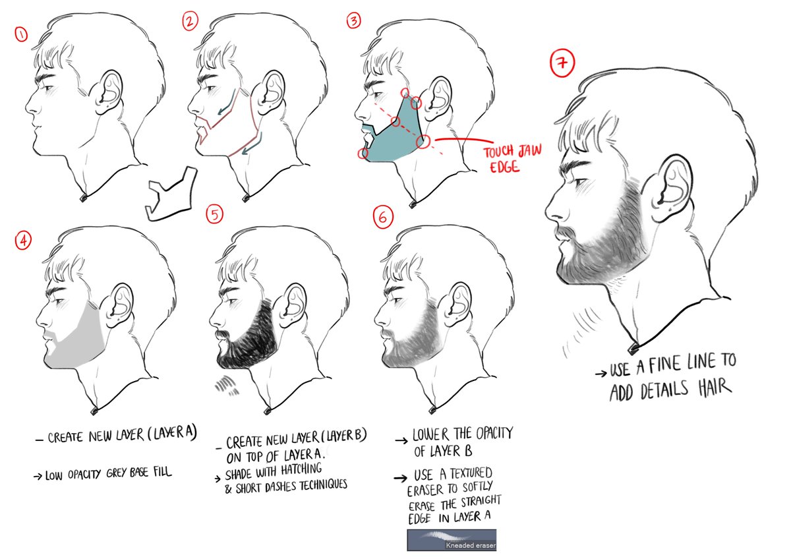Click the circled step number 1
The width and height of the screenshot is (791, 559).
(21, 34)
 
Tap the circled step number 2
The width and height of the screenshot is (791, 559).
(190, 21)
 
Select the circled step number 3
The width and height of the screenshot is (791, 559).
(355, 21)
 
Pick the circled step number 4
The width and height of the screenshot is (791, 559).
(22, 242)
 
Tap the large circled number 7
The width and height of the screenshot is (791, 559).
(562, 65)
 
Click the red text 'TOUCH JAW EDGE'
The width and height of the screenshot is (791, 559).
(512, 158)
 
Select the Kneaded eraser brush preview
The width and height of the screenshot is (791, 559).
(452, 539)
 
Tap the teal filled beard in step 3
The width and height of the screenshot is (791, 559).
(395, 138)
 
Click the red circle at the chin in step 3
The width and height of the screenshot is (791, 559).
(362, 154)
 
